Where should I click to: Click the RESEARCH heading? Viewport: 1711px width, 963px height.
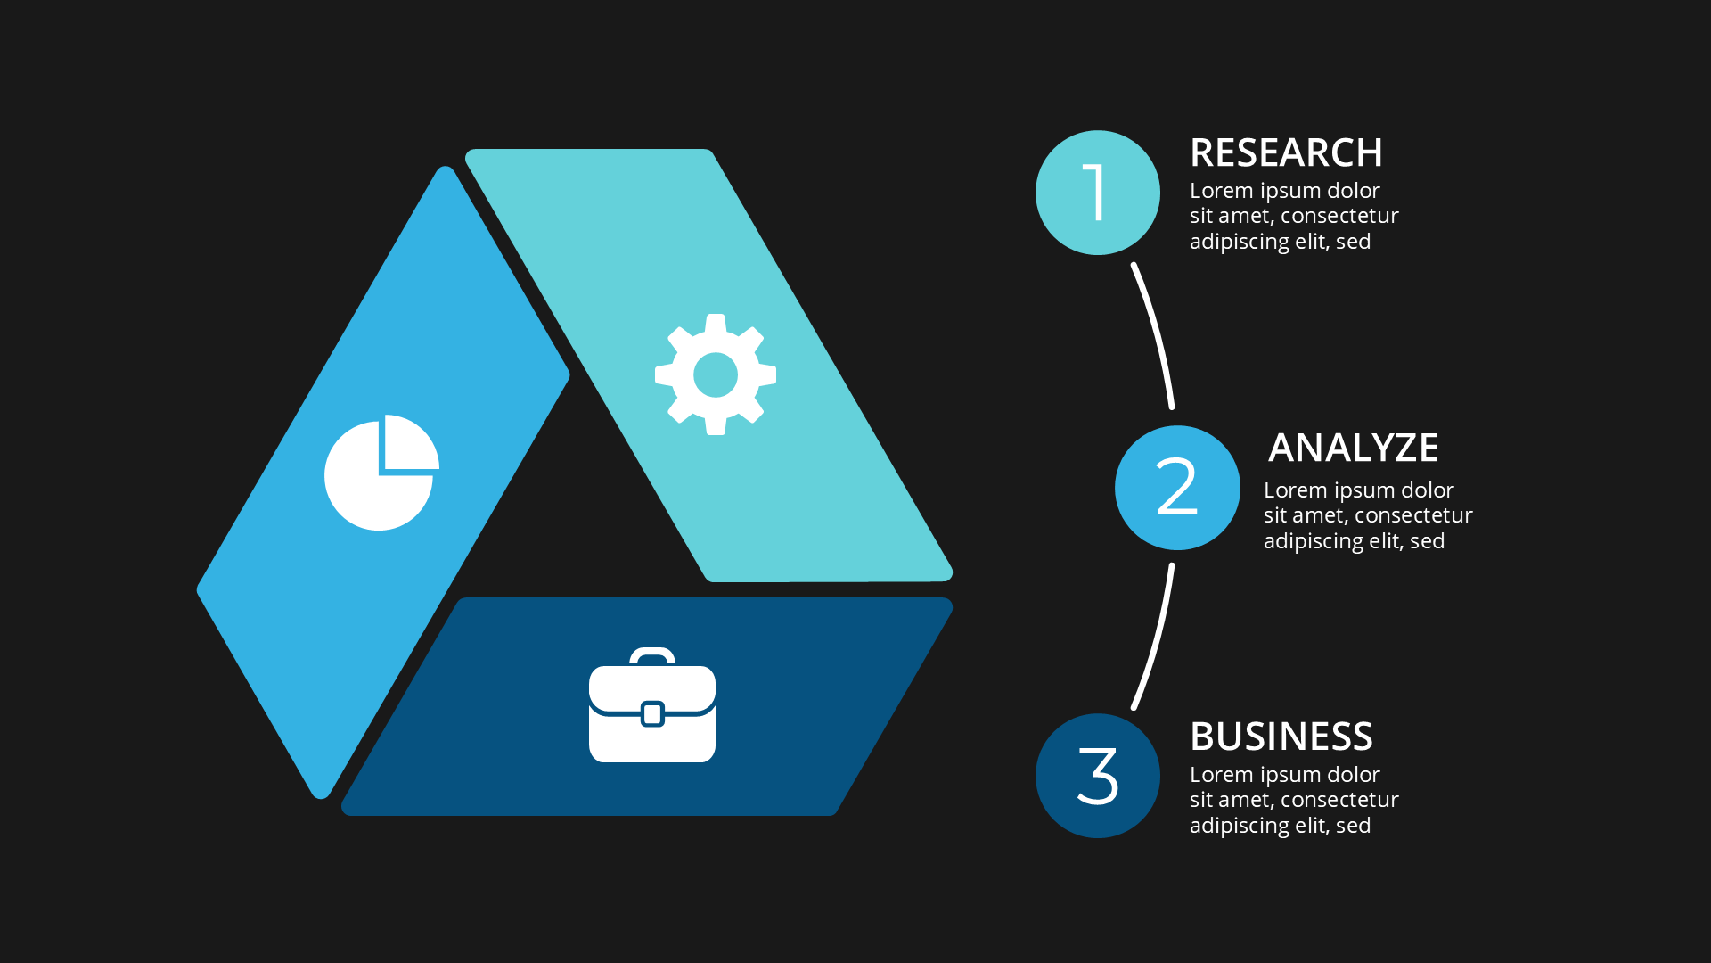[x=1286, y=153]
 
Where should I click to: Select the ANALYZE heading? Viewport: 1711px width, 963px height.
[x=1353, y=448]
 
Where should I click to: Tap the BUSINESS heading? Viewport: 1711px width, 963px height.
[x=1281, y=737]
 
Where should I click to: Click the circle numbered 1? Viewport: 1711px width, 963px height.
[x=1097, y=193]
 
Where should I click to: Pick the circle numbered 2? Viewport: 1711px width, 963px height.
[x=1176, y=488]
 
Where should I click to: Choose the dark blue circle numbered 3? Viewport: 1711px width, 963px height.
[x=1097, y=776]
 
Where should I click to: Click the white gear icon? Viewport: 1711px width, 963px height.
[x=716, y=374]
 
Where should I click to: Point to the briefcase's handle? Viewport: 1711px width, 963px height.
[x=652, y=654]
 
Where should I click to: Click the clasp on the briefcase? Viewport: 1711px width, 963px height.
[x=652, y=713]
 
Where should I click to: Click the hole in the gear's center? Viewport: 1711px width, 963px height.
[x=716, y=374]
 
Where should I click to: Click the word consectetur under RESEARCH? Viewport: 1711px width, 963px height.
[x=1339, y=216]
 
